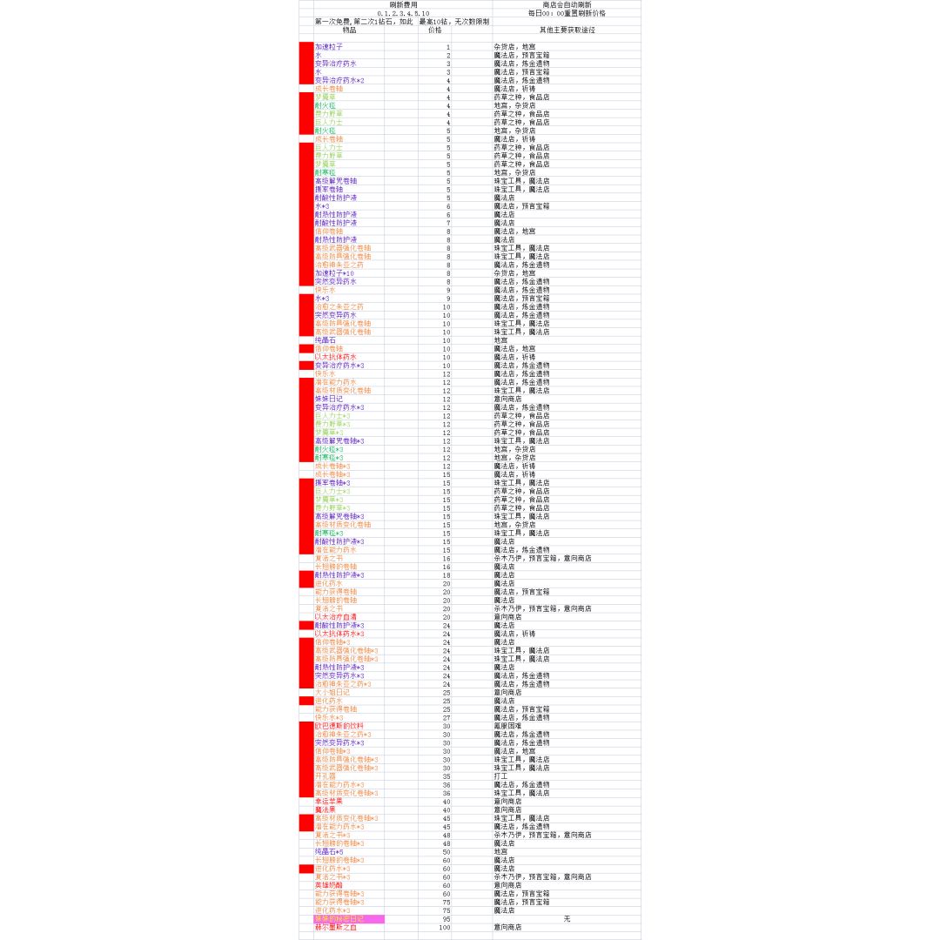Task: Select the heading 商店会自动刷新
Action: [x=566, y=4]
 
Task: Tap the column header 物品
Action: [x=349, y=30]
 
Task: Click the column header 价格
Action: [x=434, y=30]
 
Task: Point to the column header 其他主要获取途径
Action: [x=567, y=30]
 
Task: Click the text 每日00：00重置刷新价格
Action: [x=567, y=13]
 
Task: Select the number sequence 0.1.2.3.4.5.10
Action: [x=403, y=13]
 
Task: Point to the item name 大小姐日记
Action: [x=332, y=693]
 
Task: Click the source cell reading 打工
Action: [x=500, y=776]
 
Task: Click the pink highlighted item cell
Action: [x=349, y=919]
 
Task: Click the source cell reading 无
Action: [x=567, y=919]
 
